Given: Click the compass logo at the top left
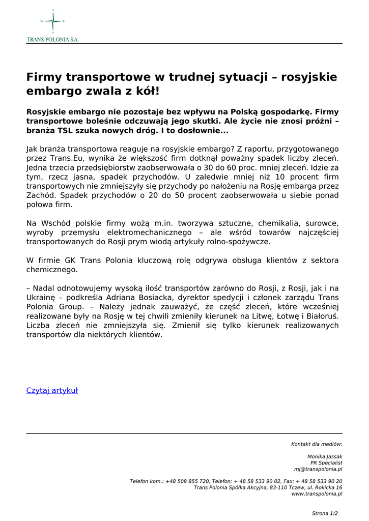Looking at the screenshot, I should (x=52, y=21).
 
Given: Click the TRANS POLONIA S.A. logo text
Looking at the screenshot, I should (x=52, y=39).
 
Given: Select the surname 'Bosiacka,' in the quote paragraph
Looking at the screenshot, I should (x=170, y=298).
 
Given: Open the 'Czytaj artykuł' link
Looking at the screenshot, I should (x=52, y=391).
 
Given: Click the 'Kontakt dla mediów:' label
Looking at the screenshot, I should (x=317, y=444).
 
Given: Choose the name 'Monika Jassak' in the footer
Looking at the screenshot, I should (x=325, y=457).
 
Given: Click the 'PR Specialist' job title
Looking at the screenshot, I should (x=326, y=463).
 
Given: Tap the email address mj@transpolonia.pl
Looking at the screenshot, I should (x=318, y=469).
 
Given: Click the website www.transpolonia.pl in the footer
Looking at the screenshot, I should (x=317, y=494).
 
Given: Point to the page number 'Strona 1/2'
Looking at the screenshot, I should (x=325, y=513).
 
